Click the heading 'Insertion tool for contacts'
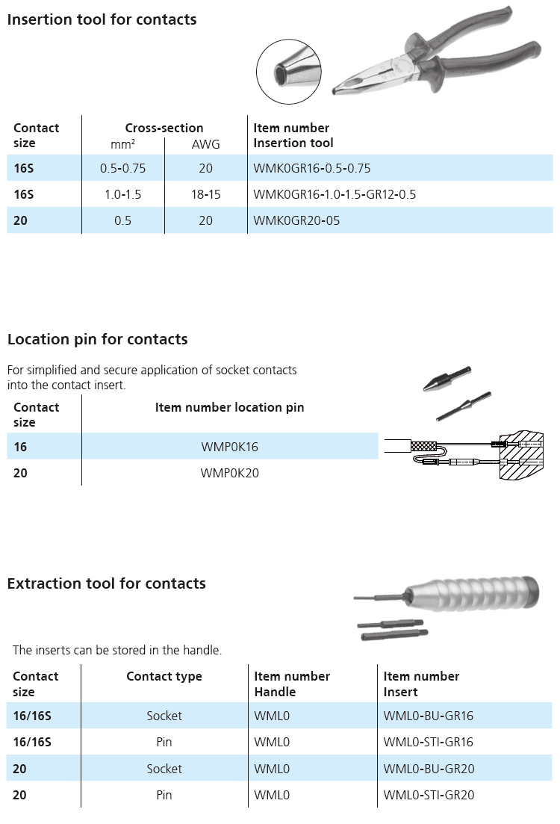(x=102, y=19)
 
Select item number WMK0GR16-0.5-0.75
(x=312, y=168)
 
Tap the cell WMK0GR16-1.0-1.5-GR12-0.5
(x=335, y=194)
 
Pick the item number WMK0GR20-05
(x=297, y=220)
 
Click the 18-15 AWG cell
(x=206, y=194)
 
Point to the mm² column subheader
(x=123, y=144)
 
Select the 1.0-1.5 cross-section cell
(x=123, y=194)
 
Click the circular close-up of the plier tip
(x=288, y=72)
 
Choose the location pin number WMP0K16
(x=229, y=447)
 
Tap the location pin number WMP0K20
(x=229, y=473)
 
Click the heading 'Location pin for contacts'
(x=98, y=339)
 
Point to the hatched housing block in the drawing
(x=521, y=455)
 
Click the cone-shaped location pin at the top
(x=447, y=378)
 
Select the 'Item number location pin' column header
(x=229, y=407)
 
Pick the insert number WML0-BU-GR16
(x=429, y=716)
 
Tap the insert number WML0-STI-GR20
(x=429, y=795)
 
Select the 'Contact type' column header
(x=164, y=677)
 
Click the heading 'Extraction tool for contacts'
(x=107, y=584)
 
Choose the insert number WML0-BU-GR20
(x=429, y=769)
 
